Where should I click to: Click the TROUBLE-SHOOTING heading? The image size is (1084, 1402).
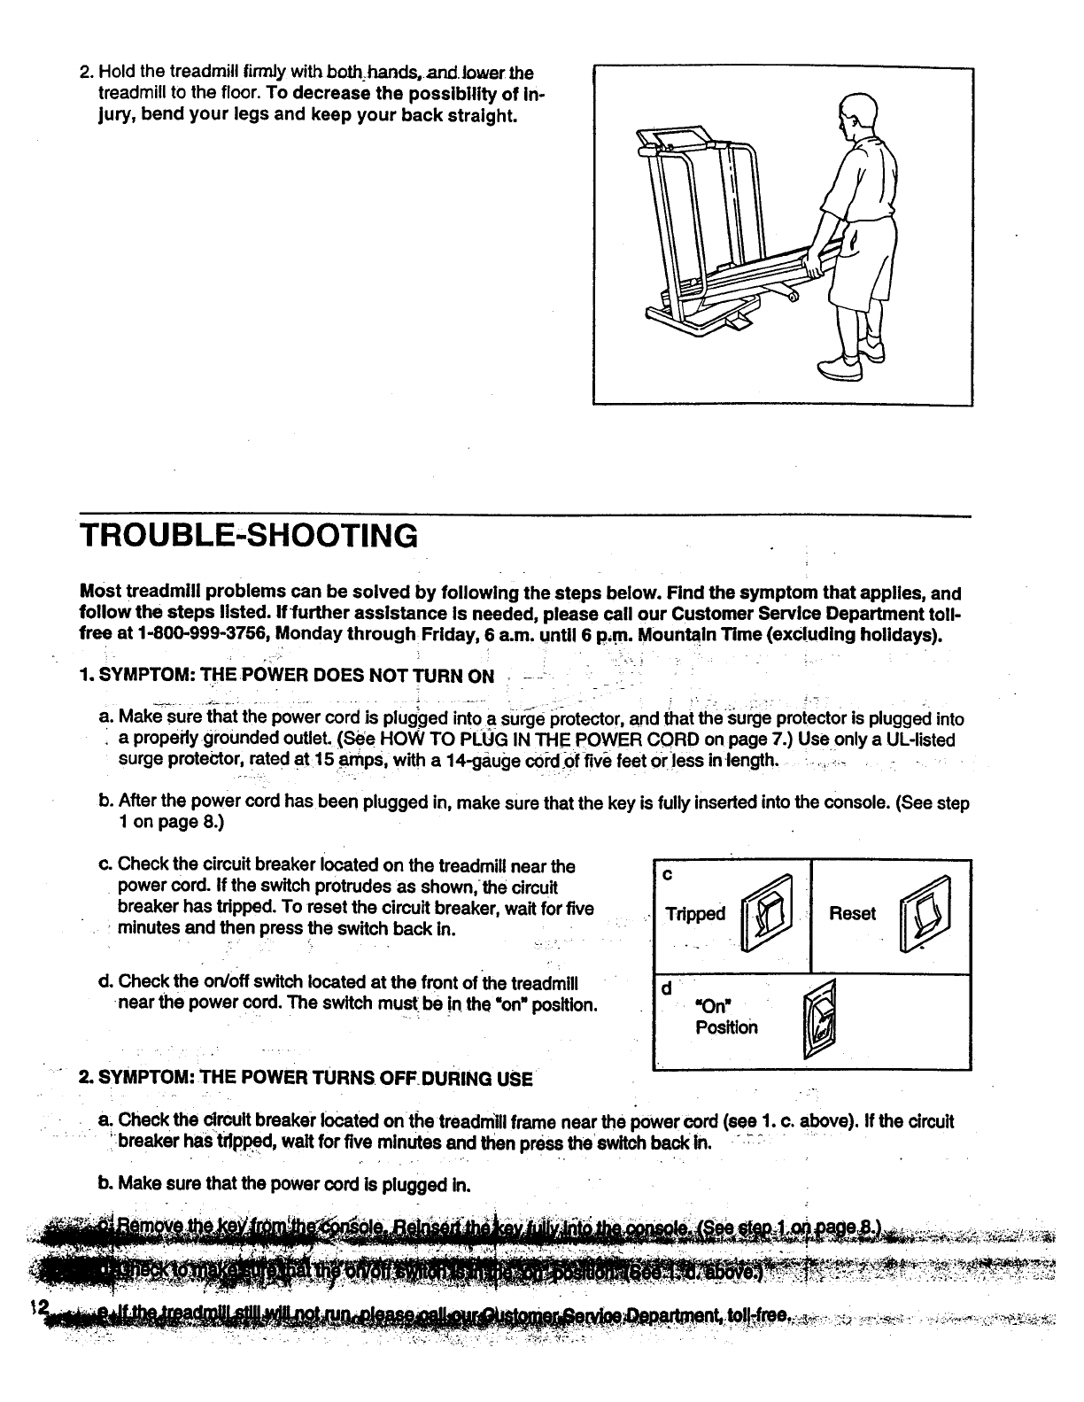click(x=248, y=536)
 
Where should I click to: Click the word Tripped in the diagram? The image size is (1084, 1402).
click(x=695, y=914)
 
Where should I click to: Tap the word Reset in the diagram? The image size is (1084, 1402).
click(x=852, y=914)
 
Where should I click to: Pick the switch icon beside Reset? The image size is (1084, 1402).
click(x=923, y=913)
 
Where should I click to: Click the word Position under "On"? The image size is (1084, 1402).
click(x=726, y=1027)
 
